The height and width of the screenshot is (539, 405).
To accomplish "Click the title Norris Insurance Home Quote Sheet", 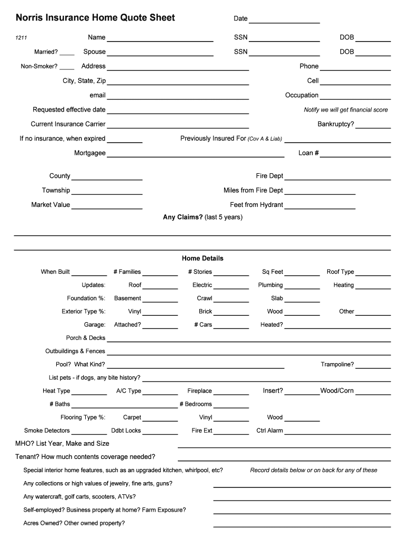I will (95, 18).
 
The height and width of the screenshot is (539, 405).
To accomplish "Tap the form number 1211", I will (21, 38).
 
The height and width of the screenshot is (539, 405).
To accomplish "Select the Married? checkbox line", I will (67, 53).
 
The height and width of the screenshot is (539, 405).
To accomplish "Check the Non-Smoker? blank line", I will (67, 67).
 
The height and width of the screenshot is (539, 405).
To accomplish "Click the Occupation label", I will (301, 95).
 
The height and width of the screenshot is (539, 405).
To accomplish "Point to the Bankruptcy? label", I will (336, 124).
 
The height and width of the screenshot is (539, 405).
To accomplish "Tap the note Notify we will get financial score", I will (346, 110).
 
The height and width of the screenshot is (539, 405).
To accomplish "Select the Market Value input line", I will (107, 207).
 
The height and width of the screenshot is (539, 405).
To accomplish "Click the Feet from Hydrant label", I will (256, 205).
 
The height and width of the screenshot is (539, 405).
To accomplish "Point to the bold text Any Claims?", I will (183, 217).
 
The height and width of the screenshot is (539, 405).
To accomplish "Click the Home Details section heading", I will (202, 258).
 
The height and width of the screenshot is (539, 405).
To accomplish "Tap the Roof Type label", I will (340, 272).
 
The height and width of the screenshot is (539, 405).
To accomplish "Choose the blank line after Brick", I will (231, 313).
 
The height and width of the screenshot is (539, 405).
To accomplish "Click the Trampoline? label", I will (337, 364).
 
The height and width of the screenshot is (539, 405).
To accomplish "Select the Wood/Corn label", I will (337, 391).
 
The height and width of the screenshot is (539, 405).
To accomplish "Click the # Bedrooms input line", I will (231, 406).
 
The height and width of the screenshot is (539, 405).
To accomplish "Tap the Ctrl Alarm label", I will (269, 431).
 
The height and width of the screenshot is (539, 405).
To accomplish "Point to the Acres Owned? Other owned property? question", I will (74, 523).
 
